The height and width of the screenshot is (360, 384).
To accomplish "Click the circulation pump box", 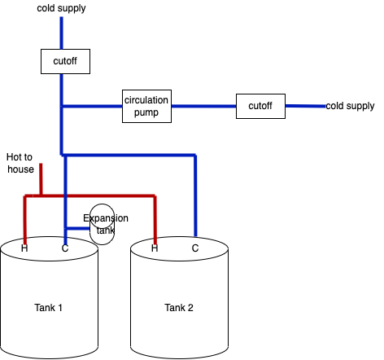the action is (x=146, y=106).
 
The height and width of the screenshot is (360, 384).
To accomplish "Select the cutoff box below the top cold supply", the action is (x=65, y=61).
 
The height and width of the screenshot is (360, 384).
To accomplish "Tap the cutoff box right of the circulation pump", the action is (x=260, y=106).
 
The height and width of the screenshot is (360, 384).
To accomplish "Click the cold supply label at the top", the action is (x=61, y=8).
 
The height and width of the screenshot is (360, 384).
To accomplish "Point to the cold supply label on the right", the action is (x=350, y=106).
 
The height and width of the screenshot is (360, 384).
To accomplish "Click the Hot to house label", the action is (x=20, y=163).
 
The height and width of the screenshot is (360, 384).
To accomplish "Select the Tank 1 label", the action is (x=48, y=308).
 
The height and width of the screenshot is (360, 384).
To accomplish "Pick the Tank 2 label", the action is (x=179, y=308).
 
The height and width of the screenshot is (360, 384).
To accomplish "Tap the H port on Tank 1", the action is (x=24, y=248).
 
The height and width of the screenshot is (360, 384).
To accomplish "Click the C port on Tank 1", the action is (x=65, y=248).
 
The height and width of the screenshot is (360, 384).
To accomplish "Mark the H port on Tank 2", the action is (x=155, y=248).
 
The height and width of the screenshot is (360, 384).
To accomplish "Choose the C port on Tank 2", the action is (x=195, y=248).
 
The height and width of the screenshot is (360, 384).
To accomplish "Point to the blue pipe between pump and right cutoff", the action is (x=203, y=106).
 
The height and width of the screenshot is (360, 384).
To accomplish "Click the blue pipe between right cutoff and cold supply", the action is (x=305, y=106).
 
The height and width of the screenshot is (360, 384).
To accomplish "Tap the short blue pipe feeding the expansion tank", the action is (x=78, y=228).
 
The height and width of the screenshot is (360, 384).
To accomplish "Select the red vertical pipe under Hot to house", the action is (x=41, y=179).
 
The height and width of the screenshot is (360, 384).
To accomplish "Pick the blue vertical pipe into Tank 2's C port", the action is (x=195, y=195).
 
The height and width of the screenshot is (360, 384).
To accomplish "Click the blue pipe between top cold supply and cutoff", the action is (x=62, y=33).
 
